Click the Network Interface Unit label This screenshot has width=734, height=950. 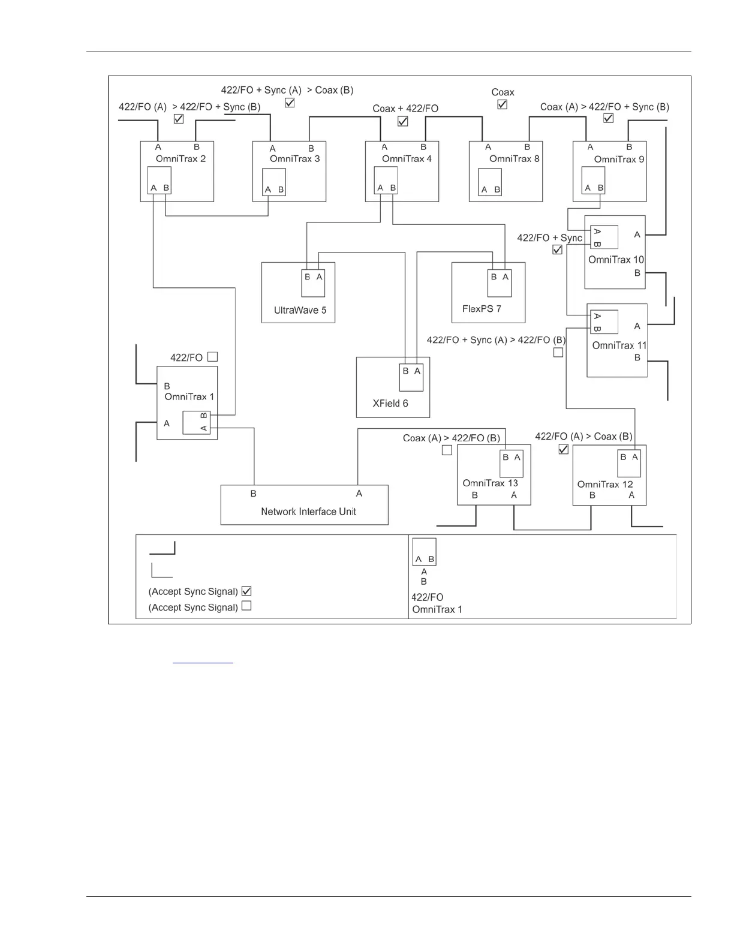pyautogui.click(x=308, y=512)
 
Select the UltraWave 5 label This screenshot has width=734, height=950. pyautogui.click(x=300, y=310)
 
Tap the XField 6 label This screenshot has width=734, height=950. pyautogui.click(x=390, y=403)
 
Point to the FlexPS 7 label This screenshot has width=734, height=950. pyautogui.click(x=482, y=309)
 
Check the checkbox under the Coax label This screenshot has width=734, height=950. pyautogui.click(x=503, y=104)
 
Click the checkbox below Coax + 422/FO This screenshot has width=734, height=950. pyautogui.click(x=403, y=121)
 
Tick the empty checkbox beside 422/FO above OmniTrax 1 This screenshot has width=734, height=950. pyautogui.click(x=212, y=357)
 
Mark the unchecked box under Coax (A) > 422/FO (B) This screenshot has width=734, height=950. pyautogui.click(x=447, y=450)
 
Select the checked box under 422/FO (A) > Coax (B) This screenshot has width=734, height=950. pyautogui.click(x=564, y=449)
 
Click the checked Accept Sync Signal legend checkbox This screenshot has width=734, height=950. pyautogui.click(x=246, y=591)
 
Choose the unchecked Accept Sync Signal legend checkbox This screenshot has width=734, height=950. pyautogui.click(x=246, y=606)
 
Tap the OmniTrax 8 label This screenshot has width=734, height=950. pyautogui.click(x=515, y=159)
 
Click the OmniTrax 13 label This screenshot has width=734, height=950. pyautogui.click(x=490, y=483)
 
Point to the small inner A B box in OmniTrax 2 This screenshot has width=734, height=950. pyautogui.click(x=160, y=180)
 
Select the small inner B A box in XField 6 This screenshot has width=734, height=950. pyautogui.click(x=412, y=377)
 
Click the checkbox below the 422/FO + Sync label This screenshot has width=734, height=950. pyautogui.click(x=558, y=249)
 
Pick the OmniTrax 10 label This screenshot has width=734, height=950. pyautogui.click(x=616, y=260)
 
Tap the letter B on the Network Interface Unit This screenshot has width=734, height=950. pyautogui.click(x=254, y=494)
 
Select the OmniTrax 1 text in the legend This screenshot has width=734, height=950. pyautogui.click(x=437, y=609)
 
